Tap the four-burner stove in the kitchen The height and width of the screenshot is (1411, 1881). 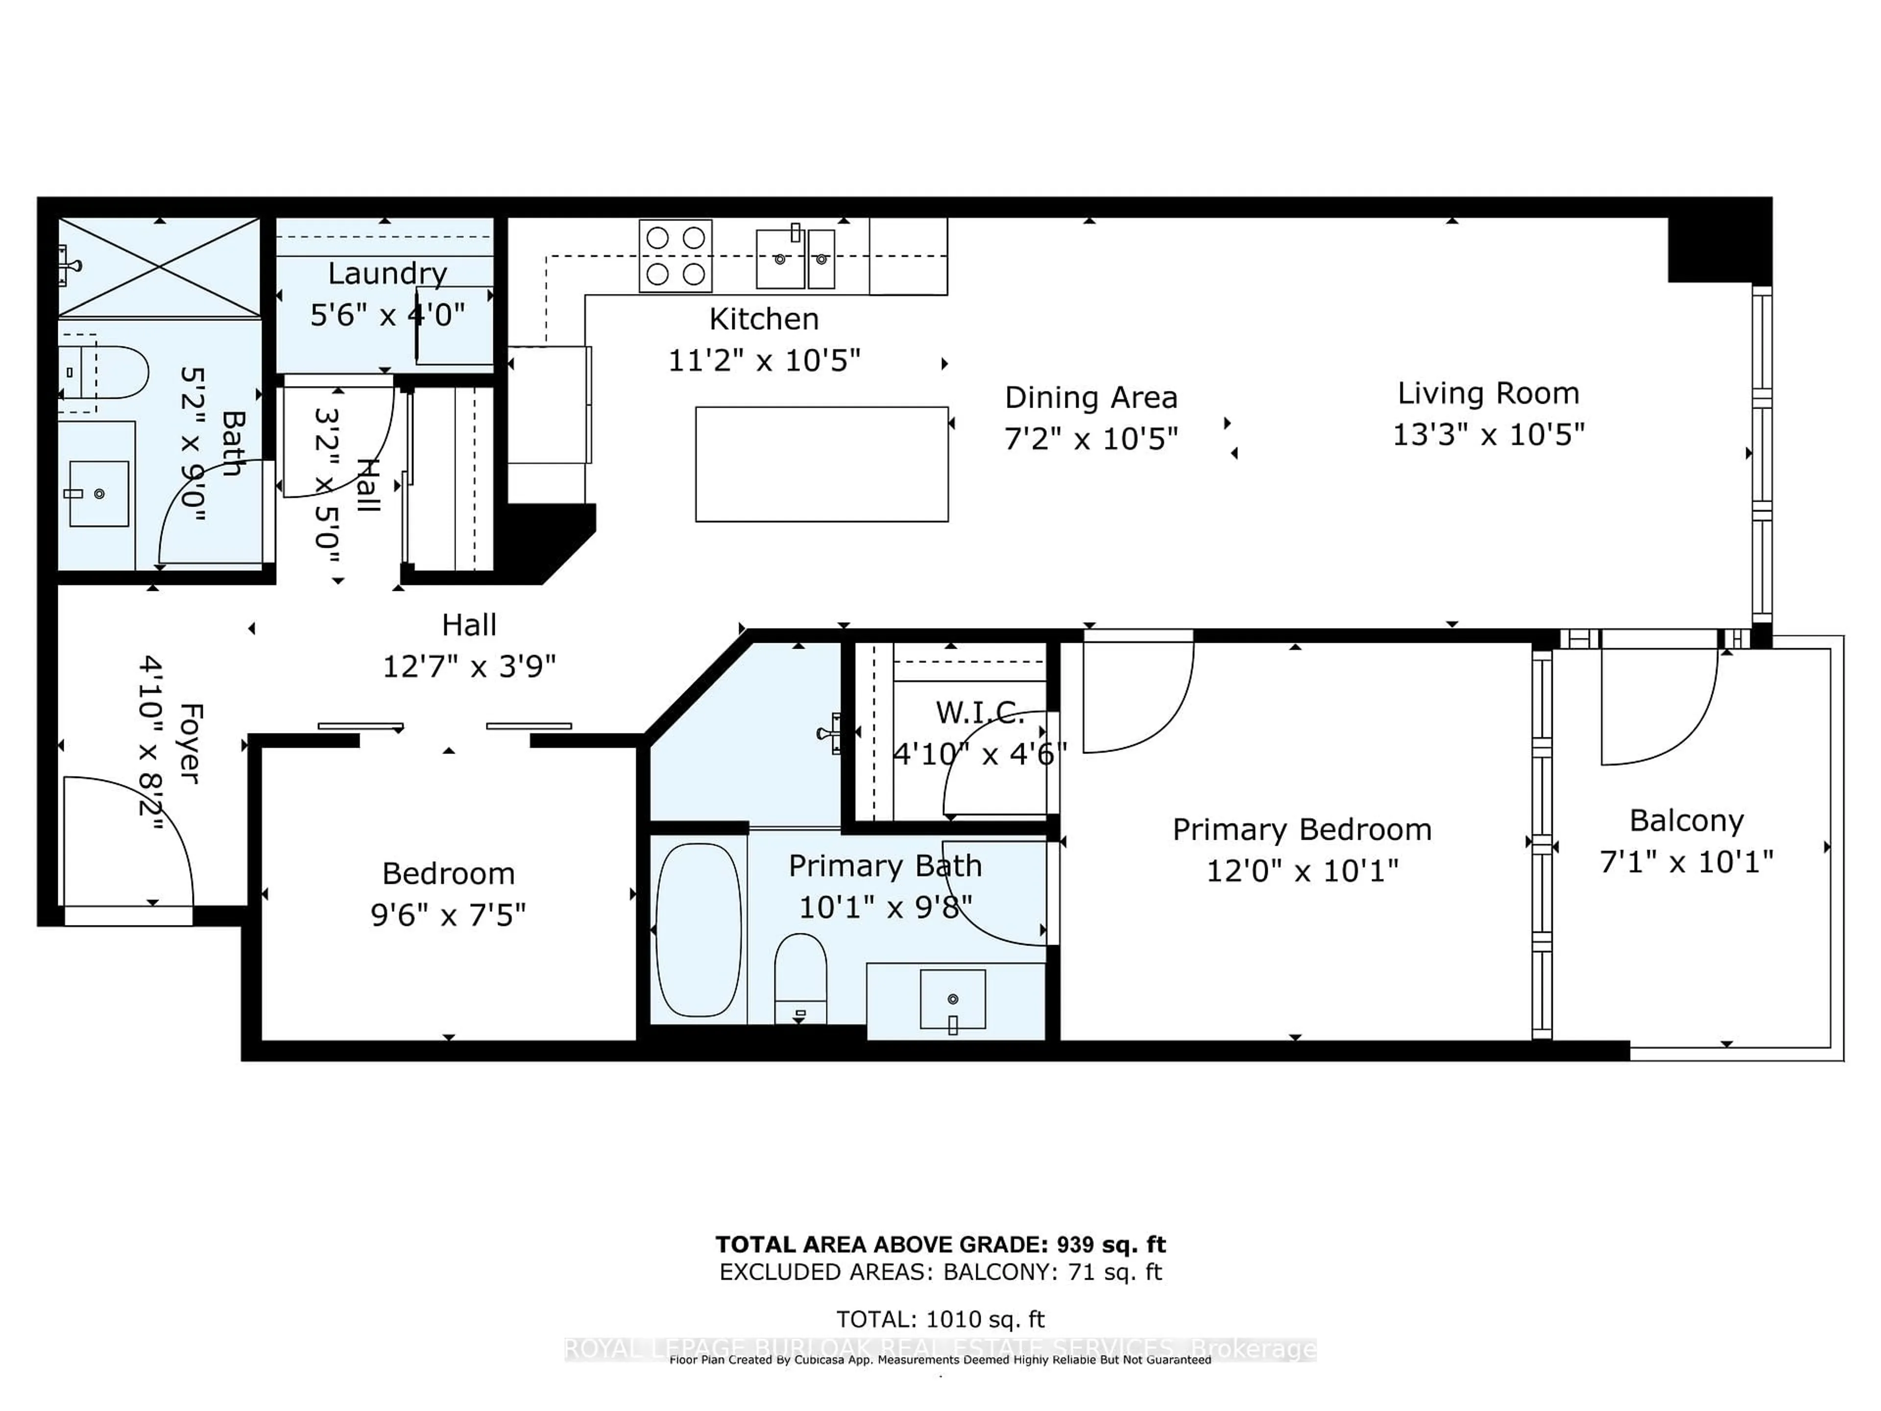click(x=675, y=255)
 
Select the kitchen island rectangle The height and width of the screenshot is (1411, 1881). click(x=821, y=464)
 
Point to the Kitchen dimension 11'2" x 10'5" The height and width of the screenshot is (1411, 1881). click(x=764, y=361)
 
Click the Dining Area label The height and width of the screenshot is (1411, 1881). click(x=1091, y=397)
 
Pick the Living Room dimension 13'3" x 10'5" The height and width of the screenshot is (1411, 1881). click(x=1488, y=435)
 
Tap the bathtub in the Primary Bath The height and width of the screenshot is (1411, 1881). click(x=698, y=929)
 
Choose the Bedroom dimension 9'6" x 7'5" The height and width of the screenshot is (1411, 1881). click(x=448, y=915)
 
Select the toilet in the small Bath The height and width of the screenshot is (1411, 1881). click(x=106, y=372)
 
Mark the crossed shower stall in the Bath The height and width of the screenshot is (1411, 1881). click(x=159, y=267)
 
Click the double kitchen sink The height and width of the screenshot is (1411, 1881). click(x=795, y=258)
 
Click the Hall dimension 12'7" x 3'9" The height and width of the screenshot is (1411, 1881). click(x=469, y=666)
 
